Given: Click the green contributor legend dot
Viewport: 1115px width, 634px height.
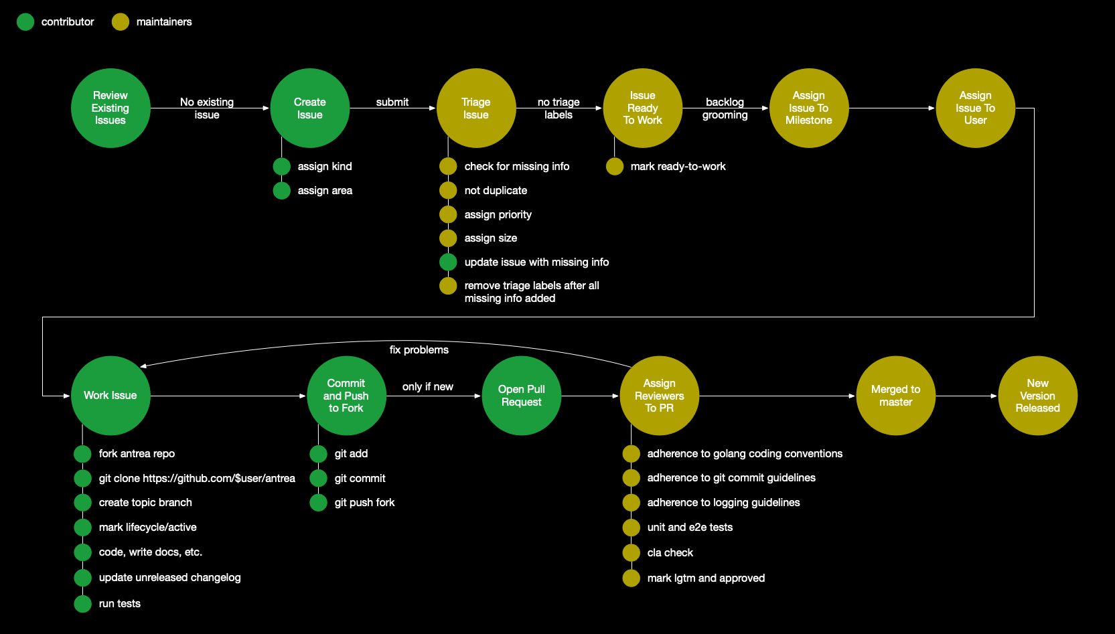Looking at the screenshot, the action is pyautogui.click(x=25, y=22).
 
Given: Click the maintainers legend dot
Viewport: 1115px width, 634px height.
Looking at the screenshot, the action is pyautogui.click(x=121, y=22).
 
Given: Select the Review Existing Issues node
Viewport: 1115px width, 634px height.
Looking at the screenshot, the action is pyautogui.click(x=110, y=108).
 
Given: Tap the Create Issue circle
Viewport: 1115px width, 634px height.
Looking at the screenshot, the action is pyautogui.click(x=309, y=108).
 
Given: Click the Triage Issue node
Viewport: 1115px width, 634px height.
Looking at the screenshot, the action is pyautogui.click(x=476, y=108).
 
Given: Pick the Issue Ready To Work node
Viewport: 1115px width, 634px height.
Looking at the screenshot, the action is pyautogui.click(x=643, y=108).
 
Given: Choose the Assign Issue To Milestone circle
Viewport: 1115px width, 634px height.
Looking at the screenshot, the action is pyautogui.click(x=809, y=108).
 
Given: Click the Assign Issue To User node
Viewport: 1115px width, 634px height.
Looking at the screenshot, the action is pyautogui.click(x=975, y=108).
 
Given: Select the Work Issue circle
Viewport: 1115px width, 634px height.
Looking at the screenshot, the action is pyautogui.click(x=110, y=396).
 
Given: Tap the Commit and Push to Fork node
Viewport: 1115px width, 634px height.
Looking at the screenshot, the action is pyautogui.click(x=346, y=396).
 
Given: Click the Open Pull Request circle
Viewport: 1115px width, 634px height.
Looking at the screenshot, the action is pyautogui.click(x=521, y=396).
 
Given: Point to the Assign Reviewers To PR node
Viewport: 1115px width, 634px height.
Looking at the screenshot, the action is pyautogui.click(x=660, y=396).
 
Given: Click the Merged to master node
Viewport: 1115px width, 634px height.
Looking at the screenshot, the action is pyautogui.click(x=895, y=396).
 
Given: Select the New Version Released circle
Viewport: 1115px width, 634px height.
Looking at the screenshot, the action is pyautogui.click(x=1037, y=396).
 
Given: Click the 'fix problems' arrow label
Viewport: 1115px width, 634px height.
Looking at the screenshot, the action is pyautogui.click(x=419, y=350).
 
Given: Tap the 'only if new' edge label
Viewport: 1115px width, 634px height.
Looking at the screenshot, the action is pyautogui.click(x=427, y=387).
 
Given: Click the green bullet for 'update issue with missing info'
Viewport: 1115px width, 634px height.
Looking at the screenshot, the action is pyautogui.click(x=448, y=262).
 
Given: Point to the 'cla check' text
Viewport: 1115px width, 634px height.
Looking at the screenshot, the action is pyautogui.click(x=670, y=553).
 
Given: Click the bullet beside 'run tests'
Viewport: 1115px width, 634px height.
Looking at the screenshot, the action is pyautogui.click(x=82, y=604).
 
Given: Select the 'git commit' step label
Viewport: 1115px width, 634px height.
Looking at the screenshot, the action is pyautogui.click(x=360, y=479).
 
